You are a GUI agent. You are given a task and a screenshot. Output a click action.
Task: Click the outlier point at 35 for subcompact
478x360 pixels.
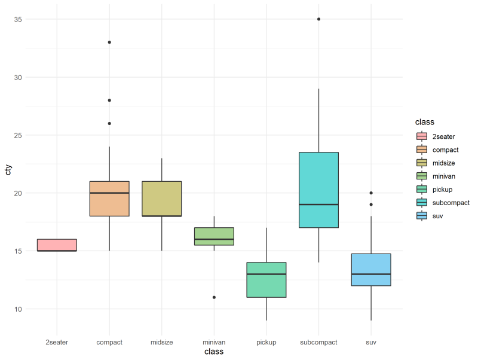pos(318,19)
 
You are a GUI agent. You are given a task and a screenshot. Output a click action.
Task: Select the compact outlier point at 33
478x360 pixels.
pos(109,42)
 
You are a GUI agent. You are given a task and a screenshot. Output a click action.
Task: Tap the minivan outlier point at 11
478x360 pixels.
pos(214,297)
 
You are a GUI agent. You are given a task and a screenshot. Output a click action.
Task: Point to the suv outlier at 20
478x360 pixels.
pos(371,193)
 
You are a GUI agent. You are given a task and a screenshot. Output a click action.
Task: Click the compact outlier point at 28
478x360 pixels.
pos(109,100)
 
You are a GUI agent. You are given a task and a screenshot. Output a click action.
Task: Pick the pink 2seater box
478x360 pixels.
pos(57,244)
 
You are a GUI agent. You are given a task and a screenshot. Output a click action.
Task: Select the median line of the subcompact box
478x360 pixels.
pos(318,205)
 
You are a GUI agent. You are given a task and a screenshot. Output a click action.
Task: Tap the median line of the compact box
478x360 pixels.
pos(109,193)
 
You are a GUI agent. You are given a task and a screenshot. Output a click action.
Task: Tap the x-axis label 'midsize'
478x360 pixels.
pos(162,342)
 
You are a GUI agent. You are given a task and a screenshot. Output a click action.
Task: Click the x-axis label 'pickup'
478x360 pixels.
pos(266,342)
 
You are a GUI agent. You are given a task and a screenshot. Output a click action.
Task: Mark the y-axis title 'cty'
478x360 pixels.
pos(8,170)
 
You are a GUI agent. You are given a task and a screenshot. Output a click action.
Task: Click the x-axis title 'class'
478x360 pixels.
pos(214,352)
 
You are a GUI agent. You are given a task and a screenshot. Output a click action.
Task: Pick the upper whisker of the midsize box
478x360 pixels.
pos(162,169)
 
